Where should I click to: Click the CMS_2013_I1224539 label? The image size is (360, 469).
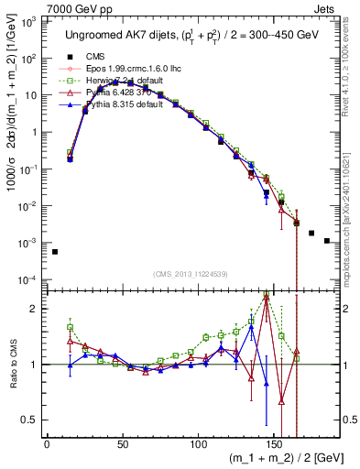(184, 273)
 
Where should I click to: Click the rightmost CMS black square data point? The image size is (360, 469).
(327, 241)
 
